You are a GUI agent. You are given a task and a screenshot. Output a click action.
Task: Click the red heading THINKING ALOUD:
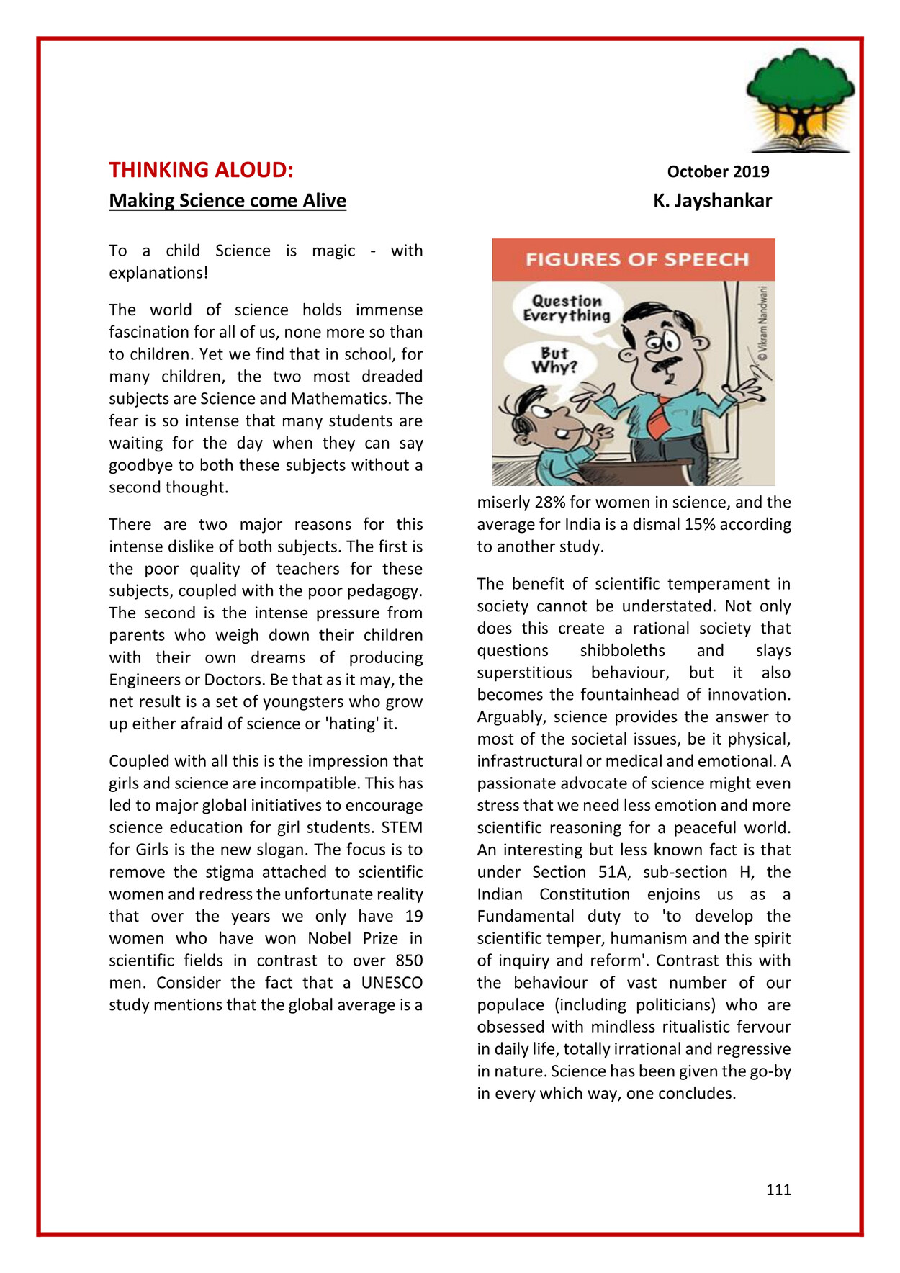click(201, 170)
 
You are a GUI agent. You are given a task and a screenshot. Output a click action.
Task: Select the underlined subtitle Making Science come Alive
click(228, 201)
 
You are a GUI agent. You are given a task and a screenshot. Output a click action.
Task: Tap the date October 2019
click(718, 171)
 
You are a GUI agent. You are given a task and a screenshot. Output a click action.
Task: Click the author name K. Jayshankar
click(712, 201)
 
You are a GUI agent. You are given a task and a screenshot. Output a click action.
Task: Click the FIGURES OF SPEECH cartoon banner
click(636, 259)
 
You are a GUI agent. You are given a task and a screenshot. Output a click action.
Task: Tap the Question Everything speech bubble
click(567, 309)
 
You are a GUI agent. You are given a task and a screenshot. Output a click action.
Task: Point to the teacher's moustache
click(666, 364)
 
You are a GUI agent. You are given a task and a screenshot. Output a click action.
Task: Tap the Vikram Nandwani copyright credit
click(762, 324)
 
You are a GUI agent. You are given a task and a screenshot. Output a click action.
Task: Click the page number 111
click(778, 1189)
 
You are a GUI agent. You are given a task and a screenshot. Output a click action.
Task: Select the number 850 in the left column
click(408, 961)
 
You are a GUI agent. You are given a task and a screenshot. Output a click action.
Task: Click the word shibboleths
click(622, 650)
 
